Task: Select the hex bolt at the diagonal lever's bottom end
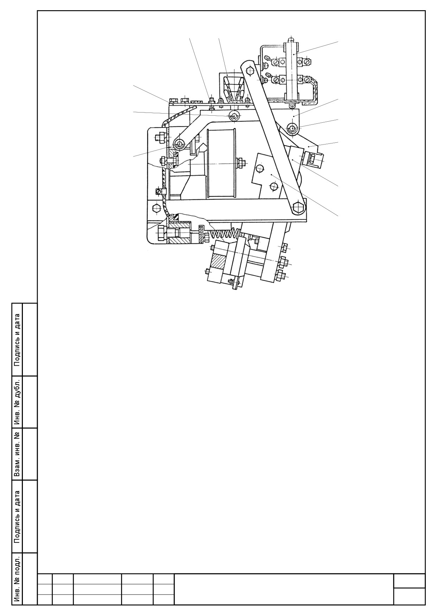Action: click(x=298, y=206)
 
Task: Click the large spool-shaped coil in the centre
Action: click(x=220, y=164)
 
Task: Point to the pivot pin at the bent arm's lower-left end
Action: click(x=180, y=144)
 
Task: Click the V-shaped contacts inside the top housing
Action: click(x=233, y=89)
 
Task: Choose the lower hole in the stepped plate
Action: click(x=273, y=185)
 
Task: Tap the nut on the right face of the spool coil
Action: click(x=241, y=163)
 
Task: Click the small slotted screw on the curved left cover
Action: click(x=159, y=191)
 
